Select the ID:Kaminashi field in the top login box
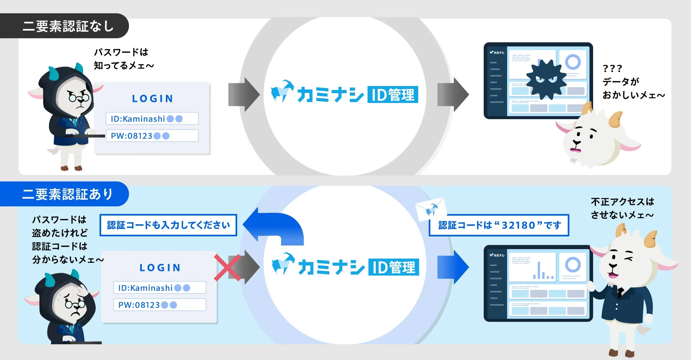pos(152,118)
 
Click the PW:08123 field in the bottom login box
pos(159,305)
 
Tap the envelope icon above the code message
pos(431,209)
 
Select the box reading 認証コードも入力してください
pos(168,225)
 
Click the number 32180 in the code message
pos(519,225)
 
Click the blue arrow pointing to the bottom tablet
pos(453,267)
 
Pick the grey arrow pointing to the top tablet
pos(453,95)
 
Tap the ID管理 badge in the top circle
pos(393,95)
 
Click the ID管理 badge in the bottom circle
pos(393,267)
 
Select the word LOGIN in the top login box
pos(153,99)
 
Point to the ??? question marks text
pos(612,68)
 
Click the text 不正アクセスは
pos(622,202)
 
